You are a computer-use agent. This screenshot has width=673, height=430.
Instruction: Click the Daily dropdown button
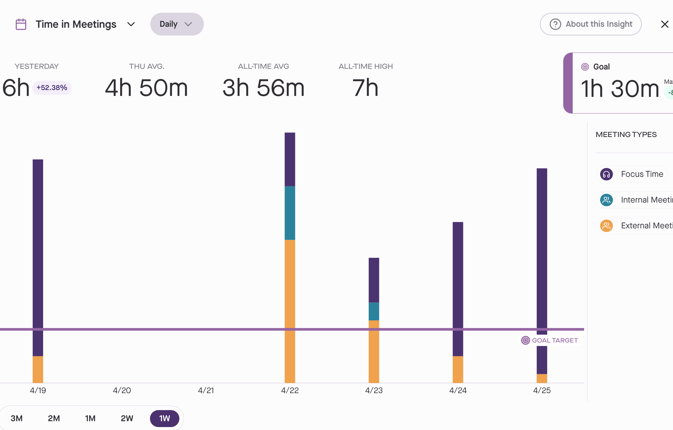click(177, 24)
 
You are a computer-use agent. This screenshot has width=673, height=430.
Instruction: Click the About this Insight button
click(590, 24)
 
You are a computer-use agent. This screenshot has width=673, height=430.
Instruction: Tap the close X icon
click(665, 24)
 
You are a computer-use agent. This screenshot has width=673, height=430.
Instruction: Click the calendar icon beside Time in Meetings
click(21, 24)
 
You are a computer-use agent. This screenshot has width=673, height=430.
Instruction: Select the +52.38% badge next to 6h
click(52, 88)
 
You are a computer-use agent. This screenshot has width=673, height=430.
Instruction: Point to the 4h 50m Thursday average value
click(146, 88)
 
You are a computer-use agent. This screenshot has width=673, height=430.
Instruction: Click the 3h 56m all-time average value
click(263, 88)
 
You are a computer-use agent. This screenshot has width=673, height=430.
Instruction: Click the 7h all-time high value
click(365, 88)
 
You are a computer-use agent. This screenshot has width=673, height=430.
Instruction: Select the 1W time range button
click(164, 418)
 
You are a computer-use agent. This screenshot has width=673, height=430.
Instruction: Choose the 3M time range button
click(17, 418)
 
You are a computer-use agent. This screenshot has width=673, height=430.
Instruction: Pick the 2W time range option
click(127, 418)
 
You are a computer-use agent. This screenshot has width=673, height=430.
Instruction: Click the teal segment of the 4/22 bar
click(290, 213)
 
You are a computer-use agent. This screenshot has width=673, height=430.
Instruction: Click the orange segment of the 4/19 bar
click(38, 369)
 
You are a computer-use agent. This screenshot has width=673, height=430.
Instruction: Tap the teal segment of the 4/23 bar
click(374, 311)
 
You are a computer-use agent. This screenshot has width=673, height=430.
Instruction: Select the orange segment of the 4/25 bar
click(542, 378)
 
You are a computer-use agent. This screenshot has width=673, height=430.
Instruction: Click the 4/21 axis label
click(206, 390)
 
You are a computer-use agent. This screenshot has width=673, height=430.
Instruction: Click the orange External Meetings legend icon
click(606, 226)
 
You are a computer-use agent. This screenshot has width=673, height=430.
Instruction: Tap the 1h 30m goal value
click(620, 89)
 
